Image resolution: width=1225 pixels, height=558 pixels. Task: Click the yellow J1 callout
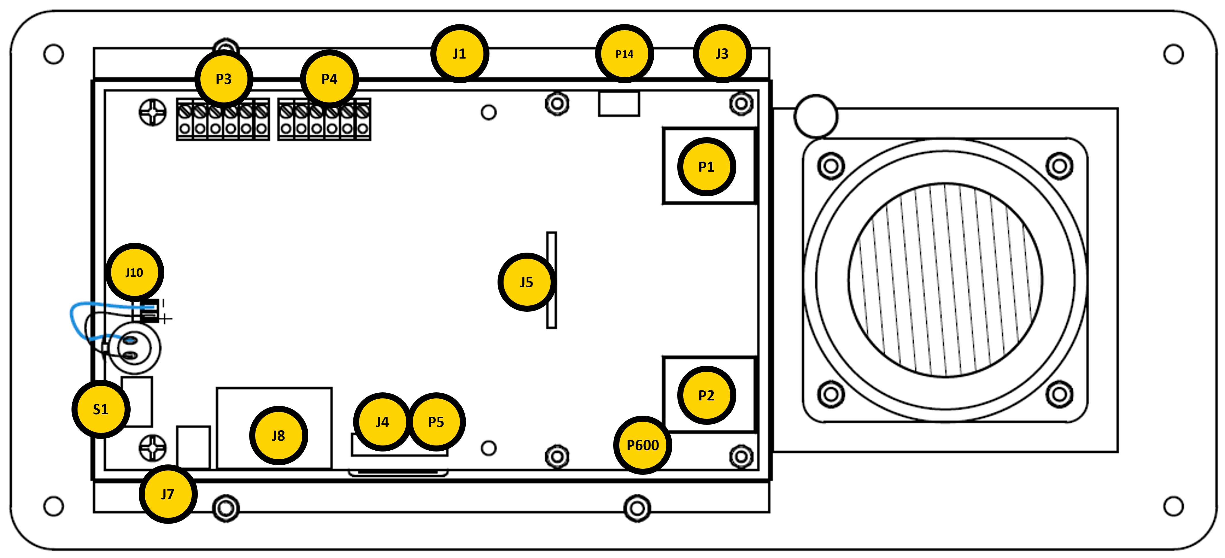click(459, 54)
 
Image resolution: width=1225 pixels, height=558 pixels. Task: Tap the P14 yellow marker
click(624, 54)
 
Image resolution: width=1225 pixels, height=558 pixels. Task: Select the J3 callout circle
click(722, 54)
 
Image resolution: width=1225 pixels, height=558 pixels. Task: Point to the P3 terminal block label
click(224, 79)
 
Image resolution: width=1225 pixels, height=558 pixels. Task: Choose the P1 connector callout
click(706, 167)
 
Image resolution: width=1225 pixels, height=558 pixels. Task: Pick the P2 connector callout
click(706, 396)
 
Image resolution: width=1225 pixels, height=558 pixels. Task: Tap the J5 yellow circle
click(527, 282)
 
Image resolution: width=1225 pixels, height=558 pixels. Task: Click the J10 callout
click(135, 272)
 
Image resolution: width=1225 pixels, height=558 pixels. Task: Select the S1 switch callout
click(101, 409)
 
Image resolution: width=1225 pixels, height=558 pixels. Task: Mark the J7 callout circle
click(168, 494)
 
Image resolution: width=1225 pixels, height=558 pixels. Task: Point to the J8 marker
click(279, 435)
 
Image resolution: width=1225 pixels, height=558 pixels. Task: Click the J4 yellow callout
click(382, 422)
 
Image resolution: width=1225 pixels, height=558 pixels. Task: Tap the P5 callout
click(436, 422)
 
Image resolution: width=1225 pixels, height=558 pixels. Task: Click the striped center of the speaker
click(945, 280)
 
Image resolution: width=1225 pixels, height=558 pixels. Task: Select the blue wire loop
click(76, 318)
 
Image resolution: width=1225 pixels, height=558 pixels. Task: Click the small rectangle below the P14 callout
click(619, 104)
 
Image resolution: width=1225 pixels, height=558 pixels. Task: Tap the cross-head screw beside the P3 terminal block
click(153, 113)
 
